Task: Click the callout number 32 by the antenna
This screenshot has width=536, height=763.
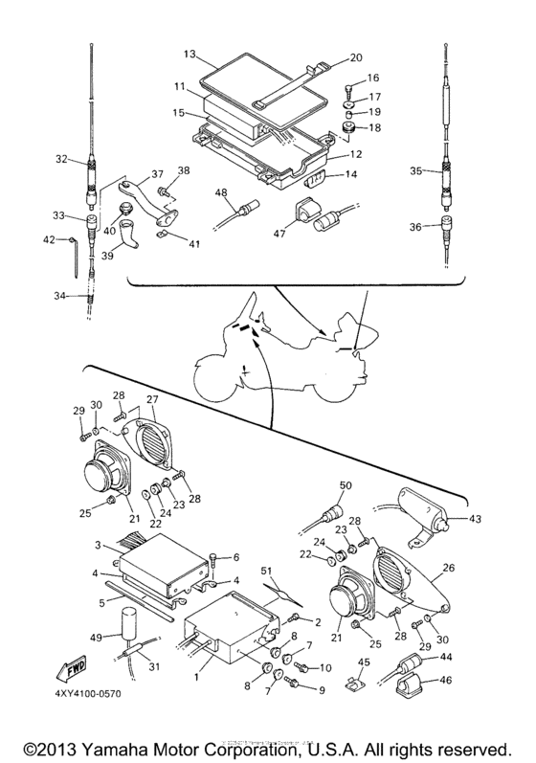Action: tap(62, 160)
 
